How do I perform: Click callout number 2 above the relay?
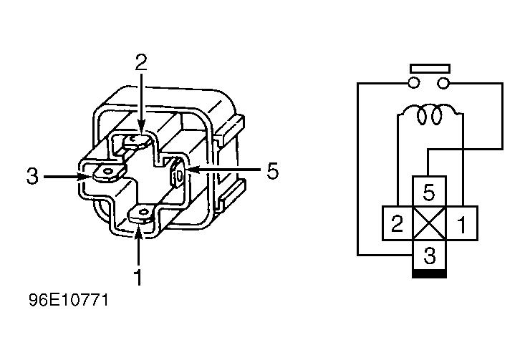pos(141,62)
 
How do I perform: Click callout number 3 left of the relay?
pos(32,176)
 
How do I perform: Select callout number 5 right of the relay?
pos(272,170)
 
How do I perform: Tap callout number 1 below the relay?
pos(138,277)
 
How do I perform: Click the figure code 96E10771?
pos(69,300)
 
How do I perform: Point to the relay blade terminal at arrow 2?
pos(136,141)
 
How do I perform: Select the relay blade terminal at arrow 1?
pos(143,215)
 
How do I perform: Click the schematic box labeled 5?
pos(429,192)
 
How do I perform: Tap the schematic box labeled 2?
pos(397,223)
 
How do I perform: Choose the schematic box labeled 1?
pos(462,223)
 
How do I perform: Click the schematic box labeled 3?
pos(429,255)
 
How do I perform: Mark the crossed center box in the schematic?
pos(429,223)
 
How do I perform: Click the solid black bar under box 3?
pos(429,274)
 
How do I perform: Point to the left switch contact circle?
pos(414,83)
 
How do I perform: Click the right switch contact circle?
pos(443,83)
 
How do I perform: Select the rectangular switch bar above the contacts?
pos(430,69)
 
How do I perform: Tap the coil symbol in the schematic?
pos(430,115)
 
